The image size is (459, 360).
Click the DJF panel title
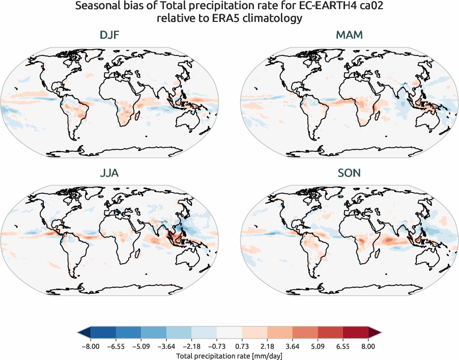coord(109,36)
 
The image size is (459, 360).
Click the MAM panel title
coord(349,36)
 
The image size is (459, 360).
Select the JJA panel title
coord(109,173)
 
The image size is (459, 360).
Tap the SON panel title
coord(349,173)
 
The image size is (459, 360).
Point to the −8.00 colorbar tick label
coord(91,346)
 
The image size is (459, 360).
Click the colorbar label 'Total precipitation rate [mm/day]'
coord(230,355)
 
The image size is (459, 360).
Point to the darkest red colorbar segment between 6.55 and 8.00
coord(356,333)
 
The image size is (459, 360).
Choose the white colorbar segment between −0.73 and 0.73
coord(230,333)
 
